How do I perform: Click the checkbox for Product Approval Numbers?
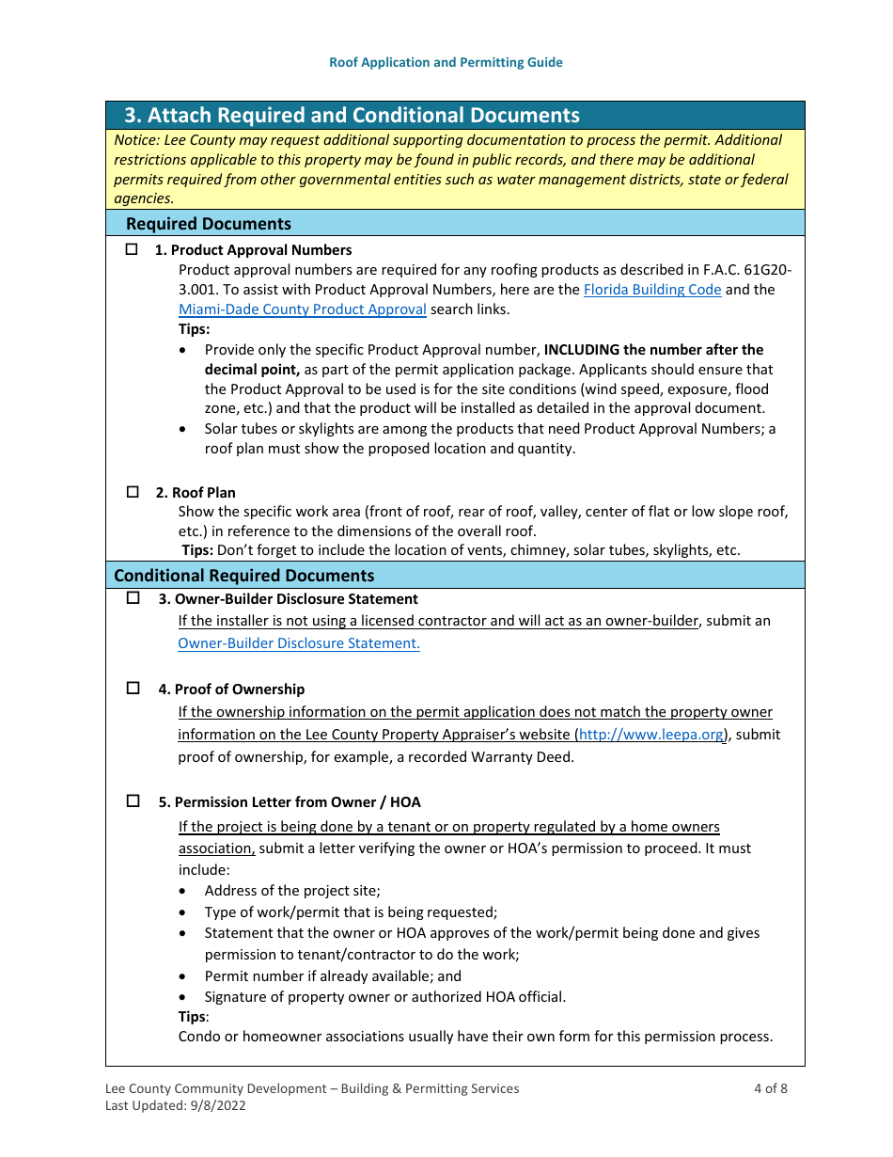132,250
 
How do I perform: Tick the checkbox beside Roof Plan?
132,492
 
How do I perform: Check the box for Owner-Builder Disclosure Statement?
133,598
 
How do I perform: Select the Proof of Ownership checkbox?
133,689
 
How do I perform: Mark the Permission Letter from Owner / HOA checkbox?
133,801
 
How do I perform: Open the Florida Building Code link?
652,290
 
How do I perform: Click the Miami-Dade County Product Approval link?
302,309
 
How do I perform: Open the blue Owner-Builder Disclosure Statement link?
298,643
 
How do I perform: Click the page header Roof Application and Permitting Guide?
446,62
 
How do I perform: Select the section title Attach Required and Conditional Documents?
352,116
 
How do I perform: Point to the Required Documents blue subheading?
209,224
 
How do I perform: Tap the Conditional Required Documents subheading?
243,576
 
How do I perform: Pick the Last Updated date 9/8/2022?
215,1106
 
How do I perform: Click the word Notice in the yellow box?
135,139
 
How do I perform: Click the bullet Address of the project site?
291,891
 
